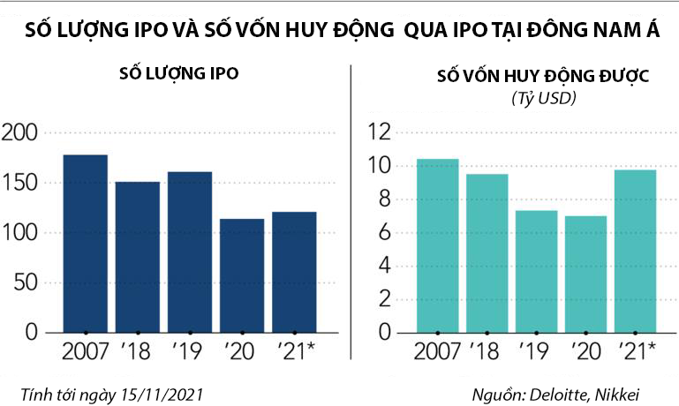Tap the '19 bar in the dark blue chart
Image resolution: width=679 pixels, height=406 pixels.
click(190, 252)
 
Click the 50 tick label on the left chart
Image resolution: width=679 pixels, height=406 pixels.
click(26, 283)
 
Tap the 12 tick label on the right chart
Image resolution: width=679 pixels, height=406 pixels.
click(379, 133)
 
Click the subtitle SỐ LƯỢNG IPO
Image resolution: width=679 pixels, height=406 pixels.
click(178, 73)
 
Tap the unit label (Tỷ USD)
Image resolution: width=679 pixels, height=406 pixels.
click(543, 98)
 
